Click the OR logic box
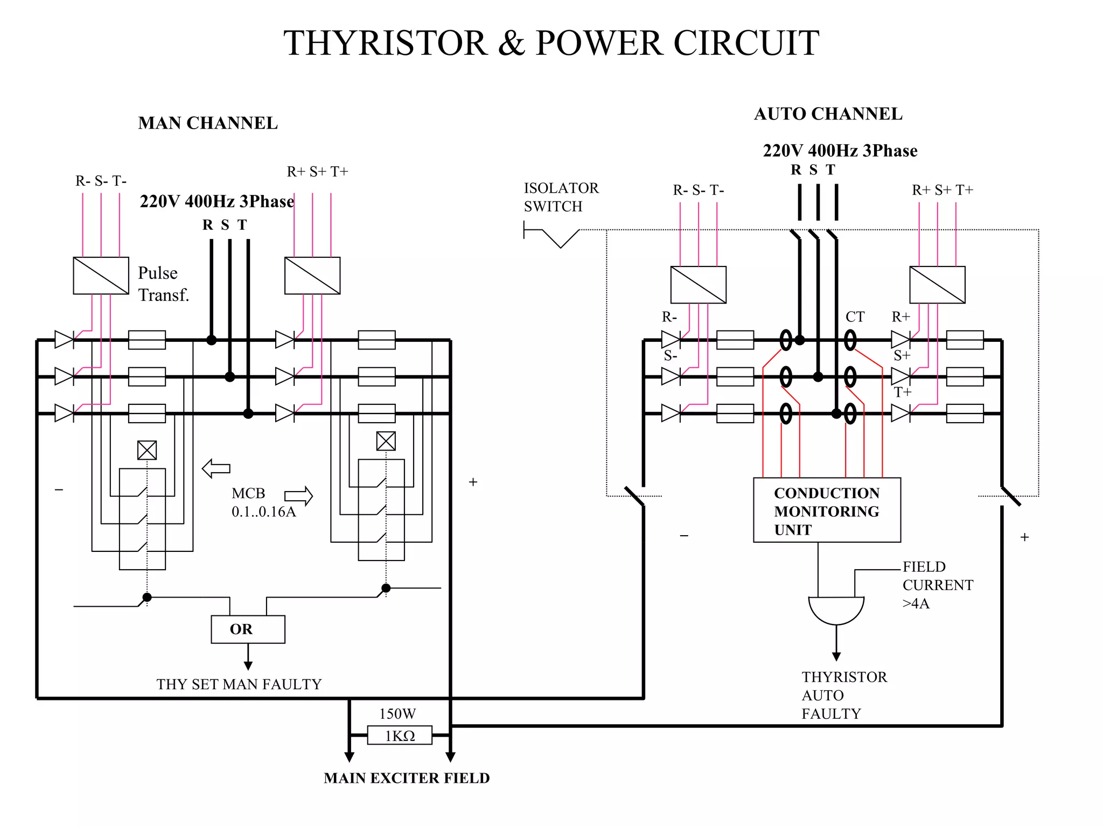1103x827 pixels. tap(248, 629)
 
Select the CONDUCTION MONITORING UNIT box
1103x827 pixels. tap(826, 510)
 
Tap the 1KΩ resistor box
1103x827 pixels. tap(400, 735)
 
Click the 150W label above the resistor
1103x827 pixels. tap(397, 714)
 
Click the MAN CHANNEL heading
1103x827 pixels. tap(208, 123)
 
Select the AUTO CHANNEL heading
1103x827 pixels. tap(828, 114)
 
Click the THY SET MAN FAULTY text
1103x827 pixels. tap(239, 684)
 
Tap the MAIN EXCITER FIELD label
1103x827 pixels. tap(407, 778)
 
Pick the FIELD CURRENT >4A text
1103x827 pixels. tap(937, 585)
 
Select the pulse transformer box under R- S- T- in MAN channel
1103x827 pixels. tap(101, 276)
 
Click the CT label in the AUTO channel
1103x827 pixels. tap(855, 317)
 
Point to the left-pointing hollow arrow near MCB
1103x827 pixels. tap(216, 468)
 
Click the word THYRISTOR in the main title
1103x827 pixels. tap(385, 43)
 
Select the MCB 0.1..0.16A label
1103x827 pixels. tap(263, 502)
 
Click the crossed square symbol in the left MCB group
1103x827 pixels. tap(147, 450)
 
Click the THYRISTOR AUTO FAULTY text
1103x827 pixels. tap(843, 695)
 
